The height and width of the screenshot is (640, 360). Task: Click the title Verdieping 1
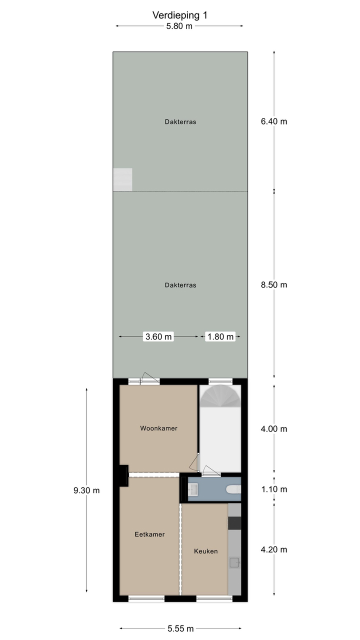point(179,15)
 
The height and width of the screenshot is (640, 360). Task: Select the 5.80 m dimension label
point(179,26)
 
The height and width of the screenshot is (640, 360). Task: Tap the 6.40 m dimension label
point(274,121)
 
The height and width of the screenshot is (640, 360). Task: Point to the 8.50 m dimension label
point(274,285)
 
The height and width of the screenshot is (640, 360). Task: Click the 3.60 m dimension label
point(158,336)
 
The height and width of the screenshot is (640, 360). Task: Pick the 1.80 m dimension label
point(220,336)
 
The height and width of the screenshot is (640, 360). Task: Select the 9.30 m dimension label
point(86,490)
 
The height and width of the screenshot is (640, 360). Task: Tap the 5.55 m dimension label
point(180,628)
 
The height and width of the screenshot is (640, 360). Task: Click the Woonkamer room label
point(158,428)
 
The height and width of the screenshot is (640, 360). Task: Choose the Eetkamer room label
point(149,534)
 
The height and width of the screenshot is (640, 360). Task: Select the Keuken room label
point(205,551)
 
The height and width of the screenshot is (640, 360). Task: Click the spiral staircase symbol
point(220,396)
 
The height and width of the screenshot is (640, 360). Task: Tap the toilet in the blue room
point(233,489)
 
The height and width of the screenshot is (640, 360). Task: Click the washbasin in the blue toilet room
point(193,489)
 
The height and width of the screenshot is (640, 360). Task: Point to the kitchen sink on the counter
point(234,562)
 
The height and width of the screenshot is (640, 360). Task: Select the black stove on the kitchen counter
point(234,523)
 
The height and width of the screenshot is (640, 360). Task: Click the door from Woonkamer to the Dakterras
point(149,378)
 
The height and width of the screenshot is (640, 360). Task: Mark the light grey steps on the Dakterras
point(122,179)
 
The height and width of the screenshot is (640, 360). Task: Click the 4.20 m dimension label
point(274,549)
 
